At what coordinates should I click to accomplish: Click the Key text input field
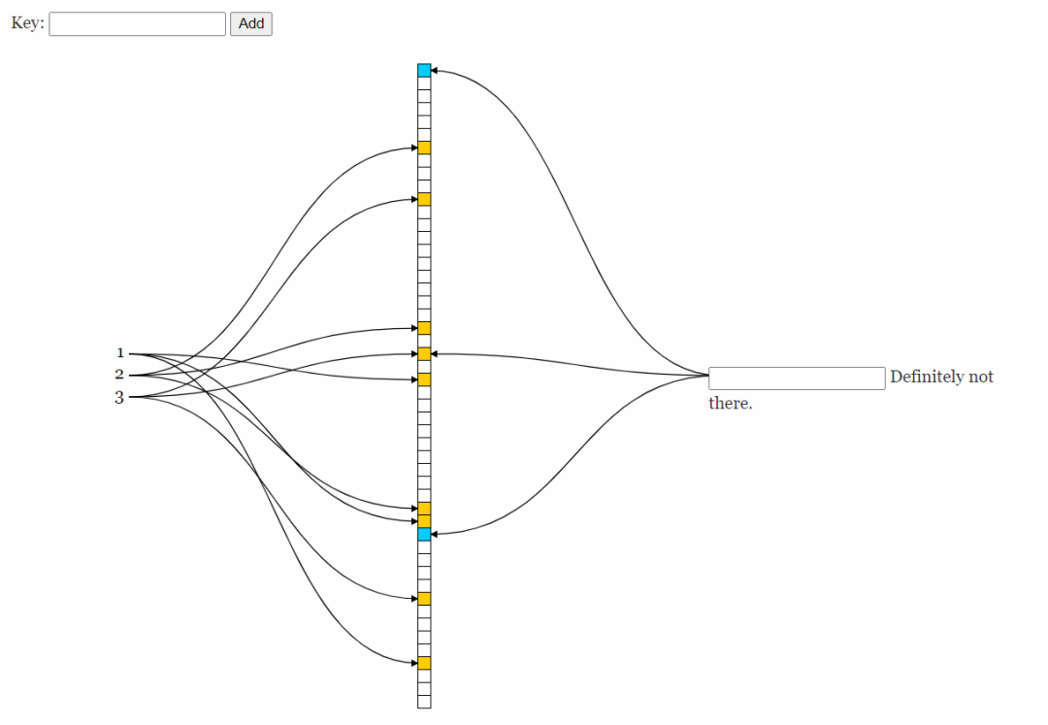pos(137,24)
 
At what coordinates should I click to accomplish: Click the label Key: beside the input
pos(27,23)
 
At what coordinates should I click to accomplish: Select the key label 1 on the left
pos(120,353)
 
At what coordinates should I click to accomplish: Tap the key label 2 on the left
pos(119,375)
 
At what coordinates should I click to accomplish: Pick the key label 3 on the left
pos(119,397)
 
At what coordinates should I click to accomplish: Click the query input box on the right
pos(797,379)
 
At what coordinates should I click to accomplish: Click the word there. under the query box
pos(730,403)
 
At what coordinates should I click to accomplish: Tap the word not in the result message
pos(981,377)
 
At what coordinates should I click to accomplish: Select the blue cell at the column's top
pos(424,70)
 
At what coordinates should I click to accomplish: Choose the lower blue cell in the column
pos(424,534)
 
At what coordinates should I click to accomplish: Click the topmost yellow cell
pos(424,148)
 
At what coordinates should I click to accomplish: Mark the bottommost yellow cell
pos(424,663)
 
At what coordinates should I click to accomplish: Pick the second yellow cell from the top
pos(424,199)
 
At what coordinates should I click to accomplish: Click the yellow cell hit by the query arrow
pos(424,353)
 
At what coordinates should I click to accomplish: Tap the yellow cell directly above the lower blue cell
pos(424,521)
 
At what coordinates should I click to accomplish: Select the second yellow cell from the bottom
pos(424,598)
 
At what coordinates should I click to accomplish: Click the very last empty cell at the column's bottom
pos(424,702)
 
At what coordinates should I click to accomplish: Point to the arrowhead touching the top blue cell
pos(435,70)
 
